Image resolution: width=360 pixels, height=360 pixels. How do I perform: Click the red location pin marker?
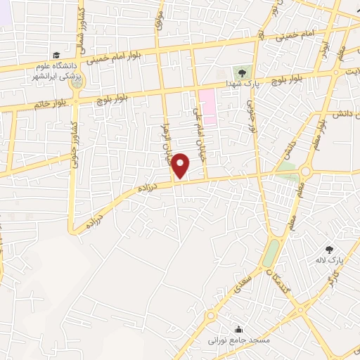[181, 165]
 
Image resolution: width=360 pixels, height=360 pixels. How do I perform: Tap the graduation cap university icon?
[55, 56]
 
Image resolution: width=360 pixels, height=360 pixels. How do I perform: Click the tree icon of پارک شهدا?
[241, 72]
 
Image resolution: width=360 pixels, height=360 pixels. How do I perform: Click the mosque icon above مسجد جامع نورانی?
[238, 328]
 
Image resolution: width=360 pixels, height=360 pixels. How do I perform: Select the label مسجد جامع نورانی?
[233, 340]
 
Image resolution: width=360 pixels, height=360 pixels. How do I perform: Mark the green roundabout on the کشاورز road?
[76, 82]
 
